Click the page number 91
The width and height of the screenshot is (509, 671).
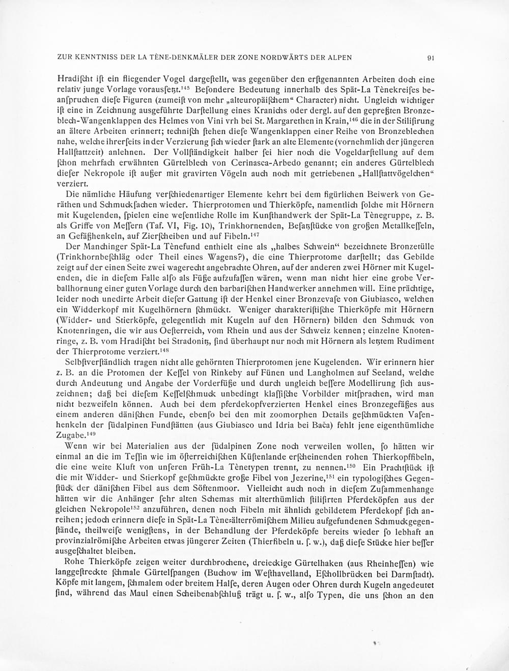pos(430,58)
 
